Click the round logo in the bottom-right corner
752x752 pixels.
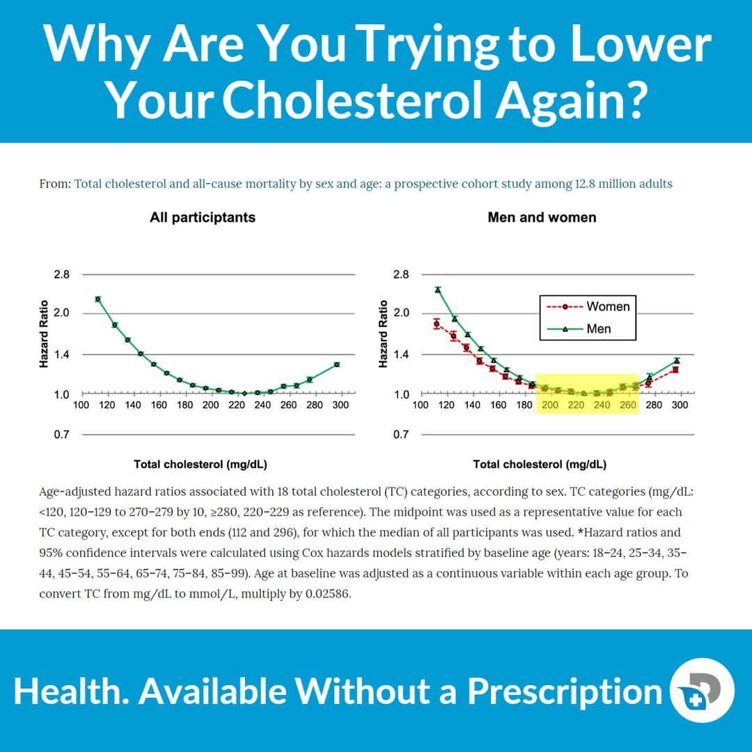701,690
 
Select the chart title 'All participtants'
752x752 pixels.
203,217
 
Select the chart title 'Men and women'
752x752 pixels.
542,217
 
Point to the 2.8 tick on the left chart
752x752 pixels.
62,274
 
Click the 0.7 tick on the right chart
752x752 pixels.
401,434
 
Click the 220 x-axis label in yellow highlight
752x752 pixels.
576,405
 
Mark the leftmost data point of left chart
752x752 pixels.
98,299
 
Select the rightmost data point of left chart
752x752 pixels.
336,364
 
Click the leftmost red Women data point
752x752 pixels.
437,324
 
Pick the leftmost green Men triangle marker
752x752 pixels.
438,290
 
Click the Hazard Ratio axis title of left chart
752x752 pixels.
44,334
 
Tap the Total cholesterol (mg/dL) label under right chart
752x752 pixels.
540,464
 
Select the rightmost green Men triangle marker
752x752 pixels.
676,361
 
